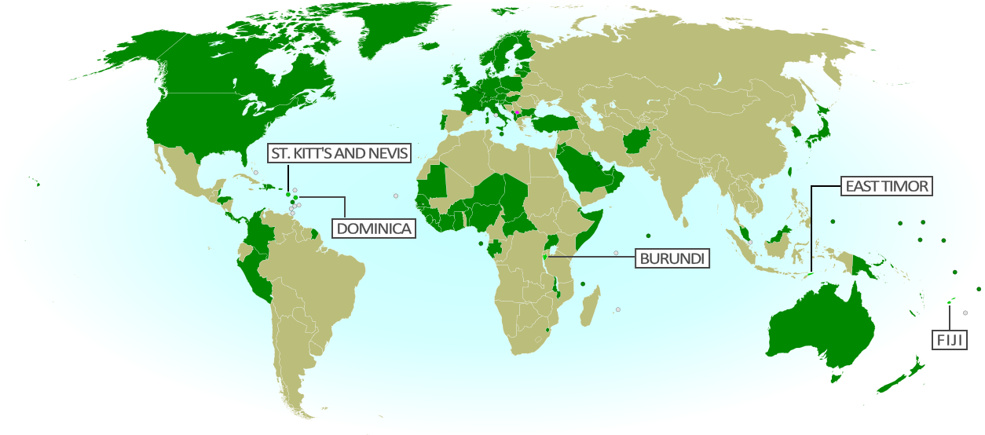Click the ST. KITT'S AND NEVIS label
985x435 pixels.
(x=339, y=153)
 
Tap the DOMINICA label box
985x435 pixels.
(x=375, y=228)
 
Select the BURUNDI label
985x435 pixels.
(x=672, y=258)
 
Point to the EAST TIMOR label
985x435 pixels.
(x=887, y=186)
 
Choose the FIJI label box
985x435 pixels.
(x=949, y=340)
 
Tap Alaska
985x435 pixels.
(x=102, y=63)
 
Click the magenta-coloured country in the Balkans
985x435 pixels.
(x=517, y=113)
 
